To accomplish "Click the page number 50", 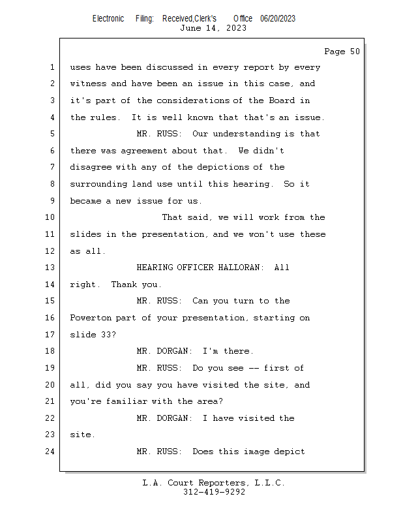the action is click(x=355, y=52).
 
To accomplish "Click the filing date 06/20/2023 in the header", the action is click(x=278, y=19).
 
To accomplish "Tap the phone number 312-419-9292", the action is click(x=214, y=492).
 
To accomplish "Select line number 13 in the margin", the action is click(x=50, y=268).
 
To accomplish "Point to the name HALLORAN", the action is click(x=239, y=268).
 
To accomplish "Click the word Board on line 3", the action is click(x=282, y=100).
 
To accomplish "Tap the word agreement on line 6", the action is click(x=143, y=151).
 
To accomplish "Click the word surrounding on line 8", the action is click(x=98, y=184).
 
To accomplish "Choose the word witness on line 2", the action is click(x=88, y=84).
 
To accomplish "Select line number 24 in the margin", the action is click(x=50, y=452).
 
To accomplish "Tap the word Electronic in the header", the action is click(x=108, y=19).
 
